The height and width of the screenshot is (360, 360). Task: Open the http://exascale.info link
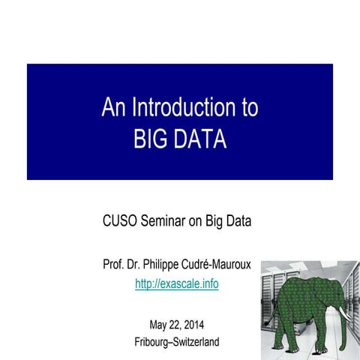coord(177,284)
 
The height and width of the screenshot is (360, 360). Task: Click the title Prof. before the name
coord(115,265)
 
